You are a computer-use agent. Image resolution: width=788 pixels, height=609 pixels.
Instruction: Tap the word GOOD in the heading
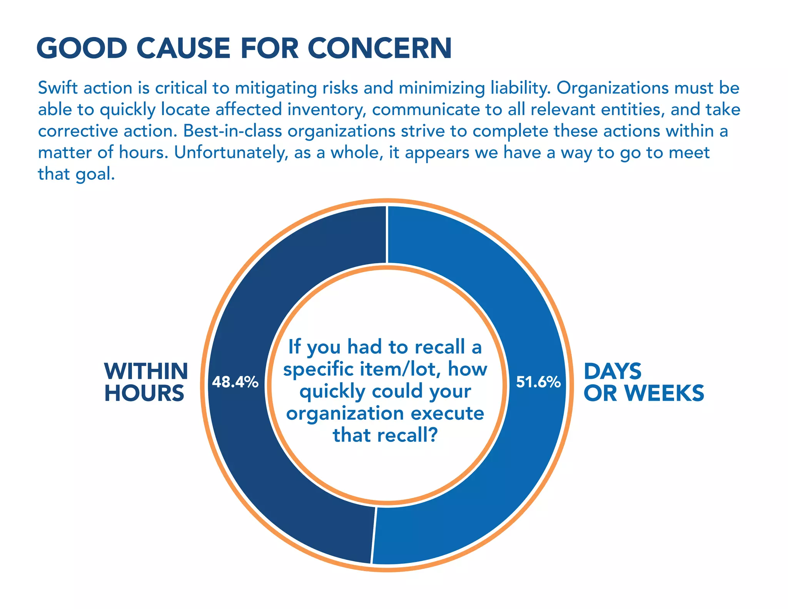point(82,49)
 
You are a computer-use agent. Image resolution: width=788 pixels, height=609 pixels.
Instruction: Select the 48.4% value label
point(235,382)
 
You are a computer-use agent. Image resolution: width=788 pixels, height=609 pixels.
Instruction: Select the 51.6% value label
point(538,382)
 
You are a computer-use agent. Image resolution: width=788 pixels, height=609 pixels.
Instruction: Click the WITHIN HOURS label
point(145,382)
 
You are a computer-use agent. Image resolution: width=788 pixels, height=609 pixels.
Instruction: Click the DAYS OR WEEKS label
point(643,382)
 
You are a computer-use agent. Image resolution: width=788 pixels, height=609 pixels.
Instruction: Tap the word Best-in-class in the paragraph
point(232,131)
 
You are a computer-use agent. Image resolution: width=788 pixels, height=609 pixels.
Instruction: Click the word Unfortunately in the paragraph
point(231,153)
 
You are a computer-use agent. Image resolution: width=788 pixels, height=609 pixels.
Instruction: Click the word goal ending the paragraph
point(94,174)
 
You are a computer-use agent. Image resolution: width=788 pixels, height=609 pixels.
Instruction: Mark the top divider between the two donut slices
point(387,235)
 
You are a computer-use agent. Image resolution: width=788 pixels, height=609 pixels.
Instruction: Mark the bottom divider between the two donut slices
point(373,535)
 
